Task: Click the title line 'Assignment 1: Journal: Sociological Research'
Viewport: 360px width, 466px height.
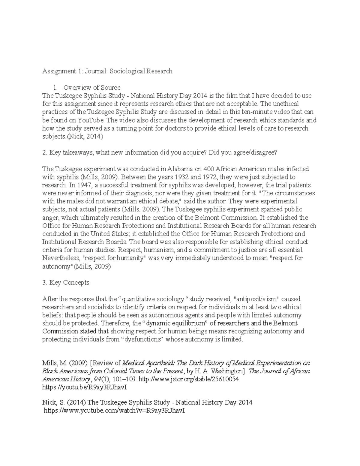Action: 107,71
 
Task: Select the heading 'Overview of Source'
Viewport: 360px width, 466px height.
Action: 92,88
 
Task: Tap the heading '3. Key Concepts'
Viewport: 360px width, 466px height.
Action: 66,283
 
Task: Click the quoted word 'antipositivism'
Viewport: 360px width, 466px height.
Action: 256,299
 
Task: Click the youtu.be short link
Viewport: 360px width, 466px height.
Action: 85,387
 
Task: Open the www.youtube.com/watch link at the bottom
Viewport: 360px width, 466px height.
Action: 114,411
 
